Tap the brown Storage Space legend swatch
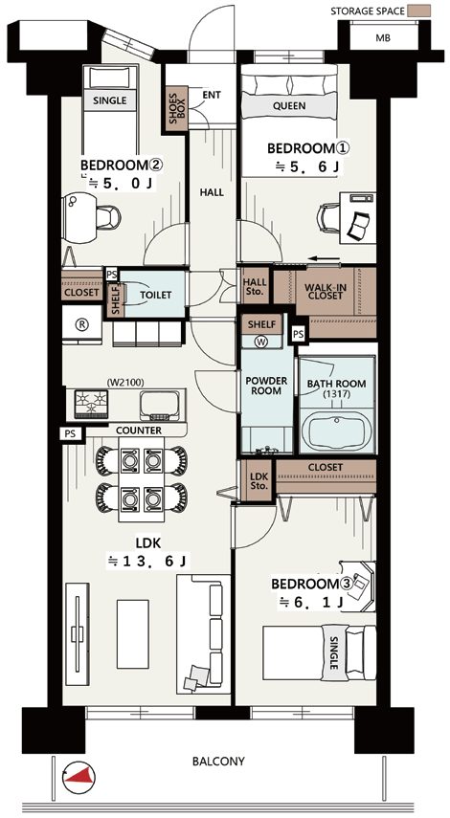(418, 11)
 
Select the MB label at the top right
(382, 38)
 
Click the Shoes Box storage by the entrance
(176, 108)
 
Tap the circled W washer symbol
(261, 343)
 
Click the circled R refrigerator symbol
(81, 323)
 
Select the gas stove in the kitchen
(91, 405)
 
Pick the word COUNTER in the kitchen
(138, 431)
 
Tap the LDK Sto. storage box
(259, 481)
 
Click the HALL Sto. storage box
(255, 286)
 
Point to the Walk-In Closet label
(324, 292)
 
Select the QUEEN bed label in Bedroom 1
(289, 106)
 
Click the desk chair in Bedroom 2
(108, 216)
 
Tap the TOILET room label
(155, 295)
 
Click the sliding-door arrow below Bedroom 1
(325, 258)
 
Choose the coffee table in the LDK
(132, 634)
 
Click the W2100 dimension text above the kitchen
(124, 383)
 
